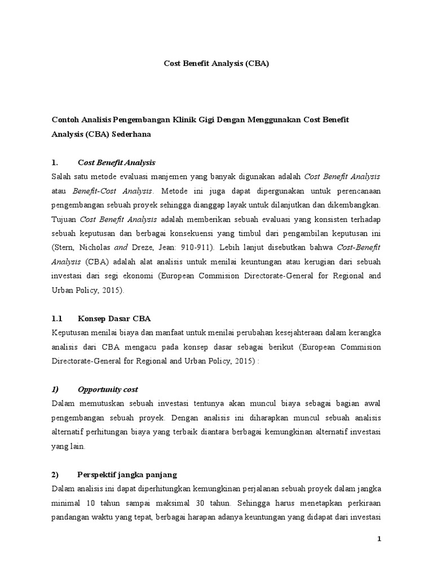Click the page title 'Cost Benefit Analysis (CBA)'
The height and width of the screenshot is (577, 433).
click(216, 64)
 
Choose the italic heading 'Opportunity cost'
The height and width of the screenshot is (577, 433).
click(108, 389)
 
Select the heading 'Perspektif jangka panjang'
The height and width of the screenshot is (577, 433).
click(127, 474)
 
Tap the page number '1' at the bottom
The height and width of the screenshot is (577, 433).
click(380, 539)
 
